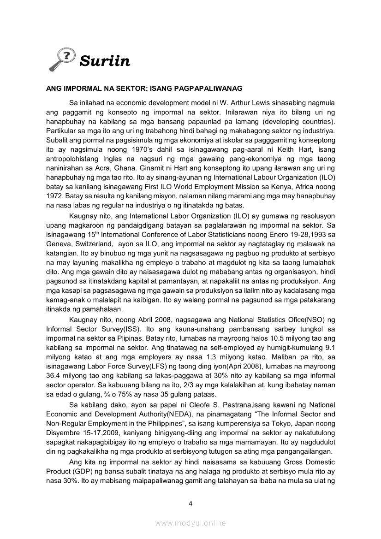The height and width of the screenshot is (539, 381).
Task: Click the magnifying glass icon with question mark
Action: [x=62, y=60]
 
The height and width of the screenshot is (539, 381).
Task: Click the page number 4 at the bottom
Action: [x=190, y=503]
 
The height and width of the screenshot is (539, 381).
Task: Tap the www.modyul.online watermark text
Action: [x=190, y=523]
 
